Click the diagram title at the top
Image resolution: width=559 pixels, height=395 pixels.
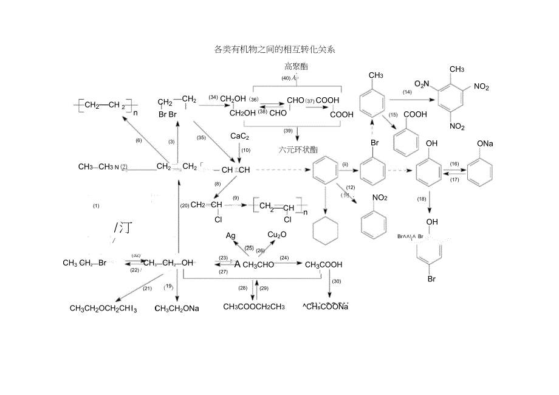click(x=275, y=50)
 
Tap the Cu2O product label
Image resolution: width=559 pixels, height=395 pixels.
click(x=278, y=235)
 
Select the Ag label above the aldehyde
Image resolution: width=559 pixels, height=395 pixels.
click(x=231, y=235)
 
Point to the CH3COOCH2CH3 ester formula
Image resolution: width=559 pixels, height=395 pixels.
click(x=254, y=306)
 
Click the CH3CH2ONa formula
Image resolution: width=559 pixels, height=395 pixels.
click(x=177, y=309)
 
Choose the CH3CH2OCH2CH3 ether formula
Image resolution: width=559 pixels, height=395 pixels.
click(x=103, y=309)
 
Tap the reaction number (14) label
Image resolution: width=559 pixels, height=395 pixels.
click(x=407, y=92)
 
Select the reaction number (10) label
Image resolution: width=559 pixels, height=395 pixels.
click(x=245, y=150)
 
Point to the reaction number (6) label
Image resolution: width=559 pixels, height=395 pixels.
click(x=138, y=140)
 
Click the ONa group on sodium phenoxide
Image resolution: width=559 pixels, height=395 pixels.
click(x=485, y=143)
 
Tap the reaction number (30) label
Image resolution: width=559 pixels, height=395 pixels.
click(x=337, y=281)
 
